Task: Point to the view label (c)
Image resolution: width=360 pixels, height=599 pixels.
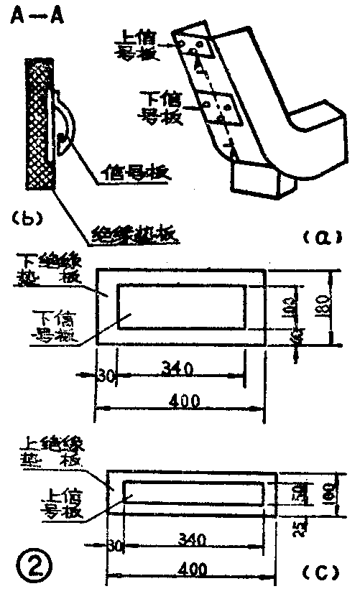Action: click(x=318, y=572)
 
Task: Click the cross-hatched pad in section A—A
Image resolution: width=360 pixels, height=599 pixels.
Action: click(x=39, y=124)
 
